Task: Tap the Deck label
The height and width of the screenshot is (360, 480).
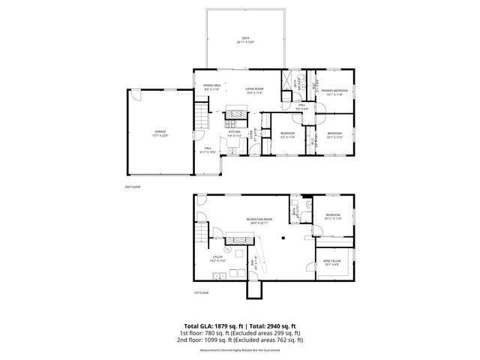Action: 245,40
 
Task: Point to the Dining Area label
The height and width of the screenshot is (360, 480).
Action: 211,87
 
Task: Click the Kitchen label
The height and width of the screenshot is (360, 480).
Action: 234,133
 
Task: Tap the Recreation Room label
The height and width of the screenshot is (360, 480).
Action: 259,220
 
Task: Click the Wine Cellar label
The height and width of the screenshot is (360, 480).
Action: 331,262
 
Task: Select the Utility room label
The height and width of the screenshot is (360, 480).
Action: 217,258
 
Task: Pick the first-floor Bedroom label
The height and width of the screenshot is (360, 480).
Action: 332,216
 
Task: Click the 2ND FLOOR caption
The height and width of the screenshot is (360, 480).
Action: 133,186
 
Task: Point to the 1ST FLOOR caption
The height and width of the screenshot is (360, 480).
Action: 200,292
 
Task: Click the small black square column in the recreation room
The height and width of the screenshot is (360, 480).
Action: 283,237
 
